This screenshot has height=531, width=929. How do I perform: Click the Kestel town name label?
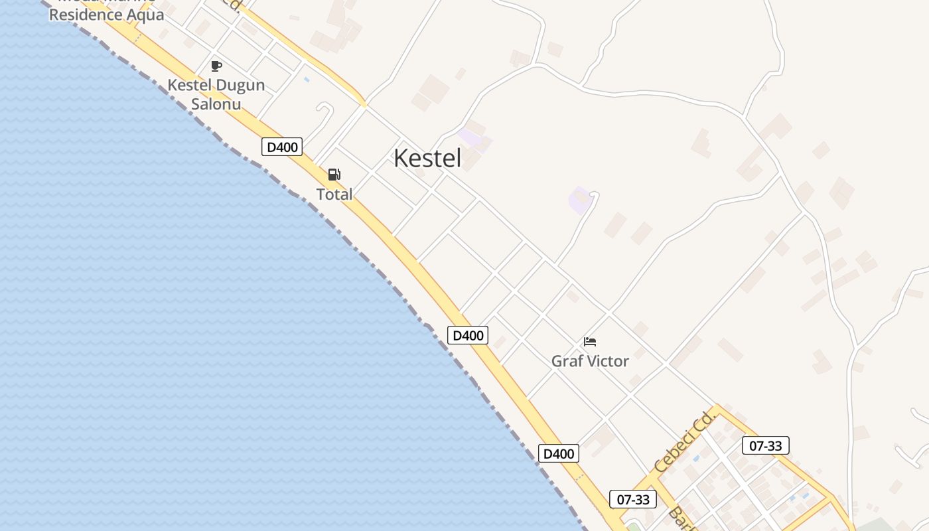pos(427,159)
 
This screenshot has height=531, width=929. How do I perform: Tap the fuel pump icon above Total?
pos(334,175)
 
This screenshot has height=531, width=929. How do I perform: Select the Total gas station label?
pos(334,194)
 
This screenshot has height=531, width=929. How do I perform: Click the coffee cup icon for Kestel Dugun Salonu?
pos(216,66)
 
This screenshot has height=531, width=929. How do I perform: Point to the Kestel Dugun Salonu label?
pos(216,94)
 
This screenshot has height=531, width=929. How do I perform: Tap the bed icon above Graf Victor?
pos(590,342)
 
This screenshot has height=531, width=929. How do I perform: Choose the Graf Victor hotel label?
pos(590,361)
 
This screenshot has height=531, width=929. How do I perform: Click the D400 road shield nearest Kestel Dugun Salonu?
pos(282,147)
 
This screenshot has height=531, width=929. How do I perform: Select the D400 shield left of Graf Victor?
pos(468,335)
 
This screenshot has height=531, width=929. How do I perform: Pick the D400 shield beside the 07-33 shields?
pos(558,454)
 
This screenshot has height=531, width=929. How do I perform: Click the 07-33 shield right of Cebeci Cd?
pos(766,446)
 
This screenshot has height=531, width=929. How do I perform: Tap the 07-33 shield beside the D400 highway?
pos(633,499)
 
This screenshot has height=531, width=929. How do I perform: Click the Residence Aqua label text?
pos(106,15)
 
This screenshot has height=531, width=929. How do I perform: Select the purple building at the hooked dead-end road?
pos(579,200)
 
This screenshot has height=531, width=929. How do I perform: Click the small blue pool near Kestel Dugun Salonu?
pos(306,80)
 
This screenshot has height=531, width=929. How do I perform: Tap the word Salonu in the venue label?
pos(216,104)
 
